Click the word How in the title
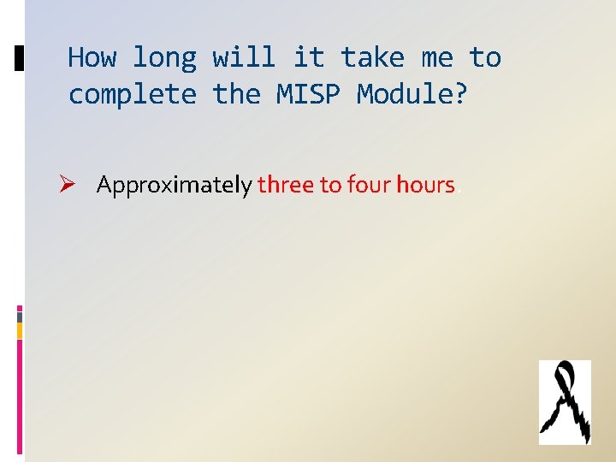[x=91, y=58]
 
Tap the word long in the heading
[x=164, y=58]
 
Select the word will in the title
[x=244, y=58]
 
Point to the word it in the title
[x=308, y=58]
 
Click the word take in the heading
[x=372, y=58]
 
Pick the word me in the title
[x=436, y=58]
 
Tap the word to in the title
[x=484, y=58]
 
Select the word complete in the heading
[x=132, y=94]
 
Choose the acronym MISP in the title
[x=308, y=94]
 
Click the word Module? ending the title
[x=412, y=94]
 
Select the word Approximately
[x=175, y=185]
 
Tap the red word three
[x=286, y=185]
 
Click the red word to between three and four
[x=330, y=185]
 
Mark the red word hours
[x=425, y=185]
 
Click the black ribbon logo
[x=565, y=402]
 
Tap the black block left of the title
[x=20, y=58]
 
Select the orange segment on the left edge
[x=20, y=329]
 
